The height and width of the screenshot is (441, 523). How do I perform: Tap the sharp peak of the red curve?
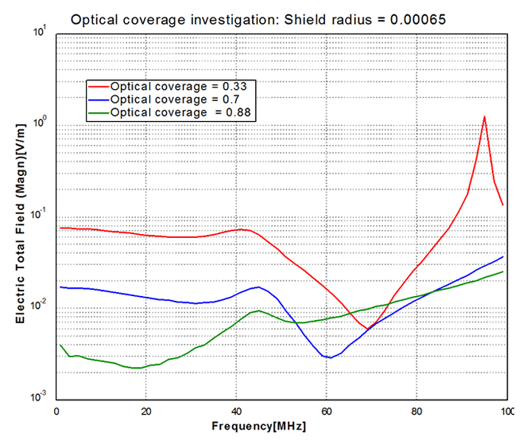tap(484, 116)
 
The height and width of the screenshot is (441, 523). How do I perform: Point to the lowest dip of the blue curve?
tap(330, 357)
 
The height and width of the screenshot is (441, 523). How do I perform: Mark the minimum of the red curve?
tap(367, 328)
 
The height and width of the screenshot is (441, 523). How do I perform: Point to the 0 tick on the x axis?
tap(56, 411)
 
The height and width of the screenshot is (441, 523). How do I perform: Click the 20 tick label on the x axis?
tap(145, 411)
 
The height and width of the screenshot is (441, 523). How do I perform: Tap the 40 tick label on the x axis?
tap(236, 411)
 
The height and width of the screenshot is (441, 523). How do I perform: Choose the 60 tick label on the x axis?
tap(326, 411)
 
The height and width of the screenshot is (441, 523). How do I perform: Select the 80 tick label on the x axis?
tap(416, 411)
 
